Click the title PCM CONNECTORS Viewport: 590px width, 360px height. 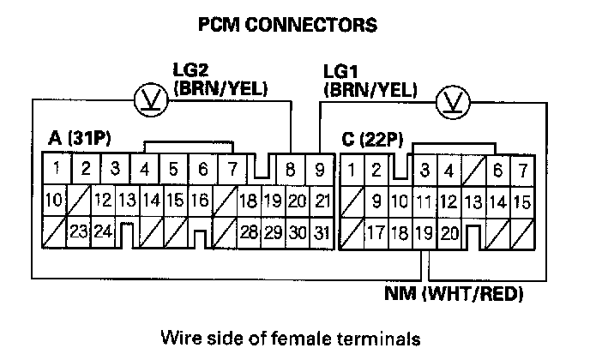286,25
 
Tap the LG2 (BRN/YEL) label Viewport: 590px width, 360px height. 220,79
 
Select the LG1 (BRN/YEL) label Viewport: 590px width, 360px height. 370,79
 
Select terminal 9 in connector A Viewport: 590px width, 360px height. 319,169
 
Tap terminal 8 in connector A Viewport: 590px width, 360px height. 292,169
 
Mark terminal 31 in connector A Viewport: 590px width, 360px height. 322,232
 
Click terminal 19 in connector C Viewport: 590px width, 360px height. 423,232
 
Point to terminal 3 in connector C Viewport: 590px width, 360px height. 424,170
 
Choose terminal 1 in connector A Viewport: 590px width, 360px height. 55,168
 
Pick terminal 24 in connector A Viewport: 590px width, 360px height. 103,232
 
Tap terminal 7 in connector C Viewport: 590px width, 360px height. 521,170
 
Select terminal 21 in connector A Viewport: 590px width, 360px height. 322,201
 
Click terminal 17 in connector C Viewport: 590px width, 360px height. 376,232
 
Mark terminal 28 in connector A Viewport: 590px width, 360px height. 249,232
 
